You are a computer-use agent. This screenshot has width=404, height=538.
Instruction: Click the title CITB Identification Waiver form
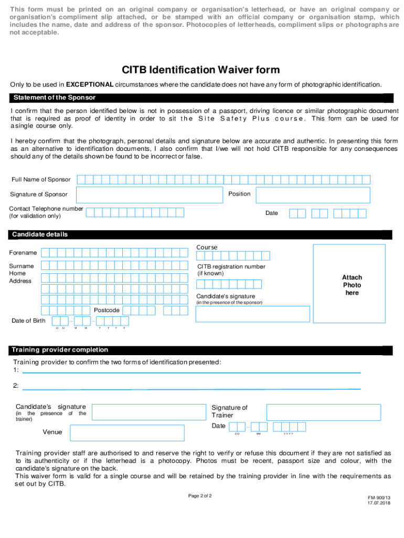(x=201, y=70)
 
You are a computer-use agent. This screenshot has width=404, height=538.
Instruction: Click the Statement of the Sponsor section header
(x=55, y=98)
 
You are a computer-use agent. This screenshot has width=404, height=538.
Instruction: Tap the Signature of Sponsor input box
(x=150, y=194)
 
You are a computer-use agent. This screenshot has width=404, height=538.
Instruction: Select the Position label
(x=239, y=194)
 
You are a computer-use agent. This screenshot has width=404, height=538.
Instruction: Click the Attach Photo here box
(x=352, y=285)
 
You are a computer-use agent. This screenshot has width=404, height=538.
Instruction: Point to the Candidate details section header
(x=40, y=234)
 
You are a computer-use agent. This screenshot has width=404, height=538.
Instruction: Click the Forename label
(x=23, y=253)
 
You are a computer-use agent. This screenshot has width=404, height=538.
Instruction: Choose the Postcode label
(x=107, y=310)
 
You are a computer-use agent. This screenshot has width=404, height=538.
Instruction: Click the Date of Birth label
(x=28, y=320)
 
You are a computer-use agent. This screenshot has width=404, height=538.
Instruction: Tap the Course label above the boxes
(x=207, y=247)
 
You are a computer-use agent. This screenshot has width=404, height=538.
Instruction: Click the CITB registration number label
(x=231, y=266)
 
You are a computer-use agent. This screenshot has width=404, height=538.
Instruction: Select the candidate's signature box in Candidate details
(x=252, y=314)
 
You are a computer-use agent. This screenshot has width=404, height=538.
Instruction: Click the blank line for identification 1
(x=192, y=372)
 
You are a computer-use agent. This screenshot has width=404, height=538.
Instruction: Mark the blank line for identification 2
(x=192, y=389)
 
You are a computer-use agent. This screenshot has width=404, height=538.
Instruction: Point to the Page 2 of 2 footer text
(x=200, y=495)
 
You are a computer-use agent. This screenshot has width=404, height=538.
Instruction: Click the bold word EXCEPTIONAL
(x=89, y=85)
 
